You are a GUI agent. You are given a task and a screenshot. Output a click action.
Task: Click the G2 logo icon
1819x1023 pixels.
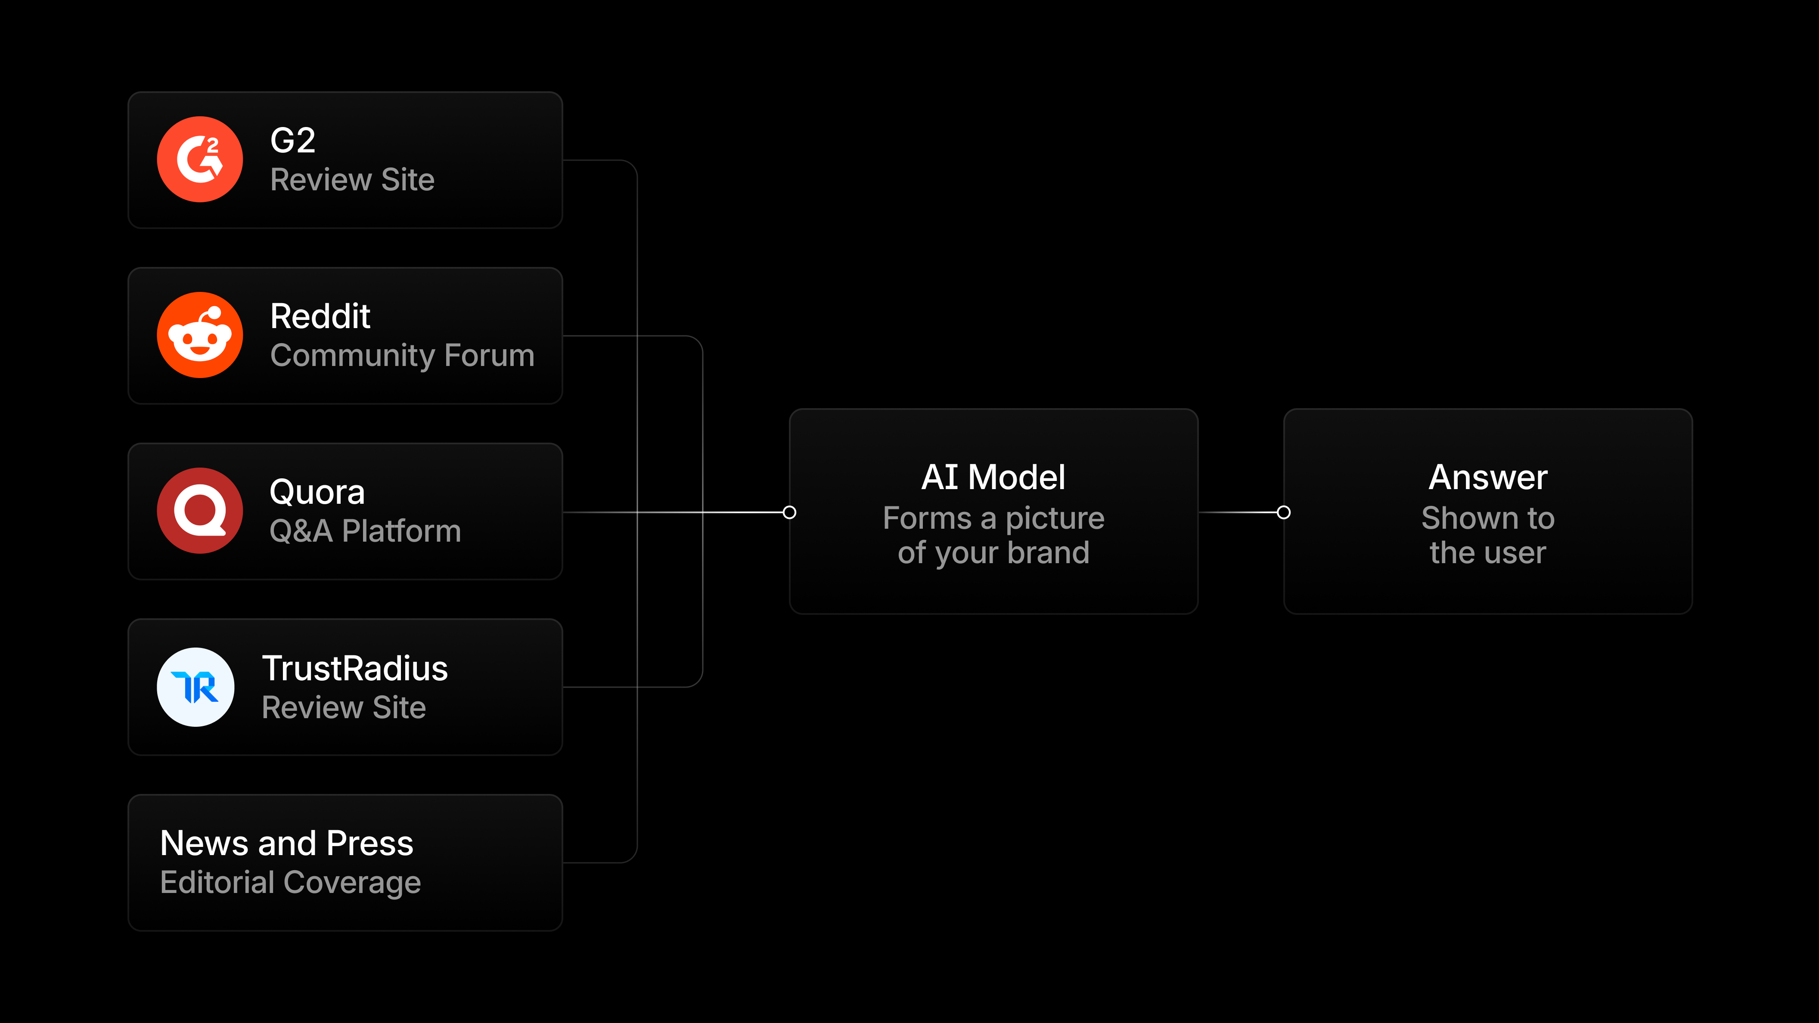200,160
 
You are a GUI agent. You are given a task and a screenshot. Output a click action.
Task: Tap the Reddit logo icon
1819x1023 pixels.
200,335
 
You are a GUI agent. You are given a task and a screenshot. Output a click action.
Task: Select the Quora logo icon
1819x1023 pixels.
200,511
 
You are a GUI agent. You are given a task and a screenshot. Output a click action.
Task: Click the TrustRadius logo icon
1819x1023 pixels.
196,687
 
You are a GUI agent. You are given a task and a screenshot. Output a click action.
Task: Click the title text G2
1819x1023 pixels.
292,140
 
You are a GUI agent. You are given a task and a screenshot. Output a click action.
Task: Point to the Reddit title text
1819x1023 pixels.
320,316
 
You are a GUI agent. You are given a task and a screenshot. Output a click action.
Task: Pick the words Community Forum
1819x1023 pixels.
403,356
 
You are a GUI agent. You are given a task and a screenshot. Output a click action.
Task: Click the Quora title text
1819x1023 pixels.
317,492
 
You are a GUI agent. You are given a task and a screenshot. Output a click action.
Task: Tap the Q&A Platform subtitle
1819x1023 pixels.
365,531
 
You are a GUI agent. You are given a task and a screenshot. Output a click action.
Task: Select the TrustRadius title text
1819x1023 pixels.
355,669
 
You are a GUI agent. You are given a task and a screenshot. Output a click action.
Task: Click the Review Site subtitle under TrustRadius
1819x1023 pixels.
344,707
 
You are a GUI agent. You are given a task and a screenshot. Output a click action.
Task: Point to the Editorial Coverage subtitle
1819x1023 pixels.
290,883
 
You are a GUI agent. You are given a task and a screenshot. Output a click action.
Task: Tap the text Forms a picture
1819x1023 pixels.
993,519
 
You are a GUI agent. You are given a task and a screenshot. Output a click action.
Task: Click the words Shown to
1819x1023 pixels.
1488,518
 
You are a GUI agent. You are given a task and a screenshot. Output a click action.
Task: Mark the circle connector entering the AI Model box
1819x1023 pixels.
789,512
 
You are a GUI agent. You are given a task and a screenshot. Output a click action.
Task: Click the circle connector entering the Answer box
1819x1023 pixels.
1284,512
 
